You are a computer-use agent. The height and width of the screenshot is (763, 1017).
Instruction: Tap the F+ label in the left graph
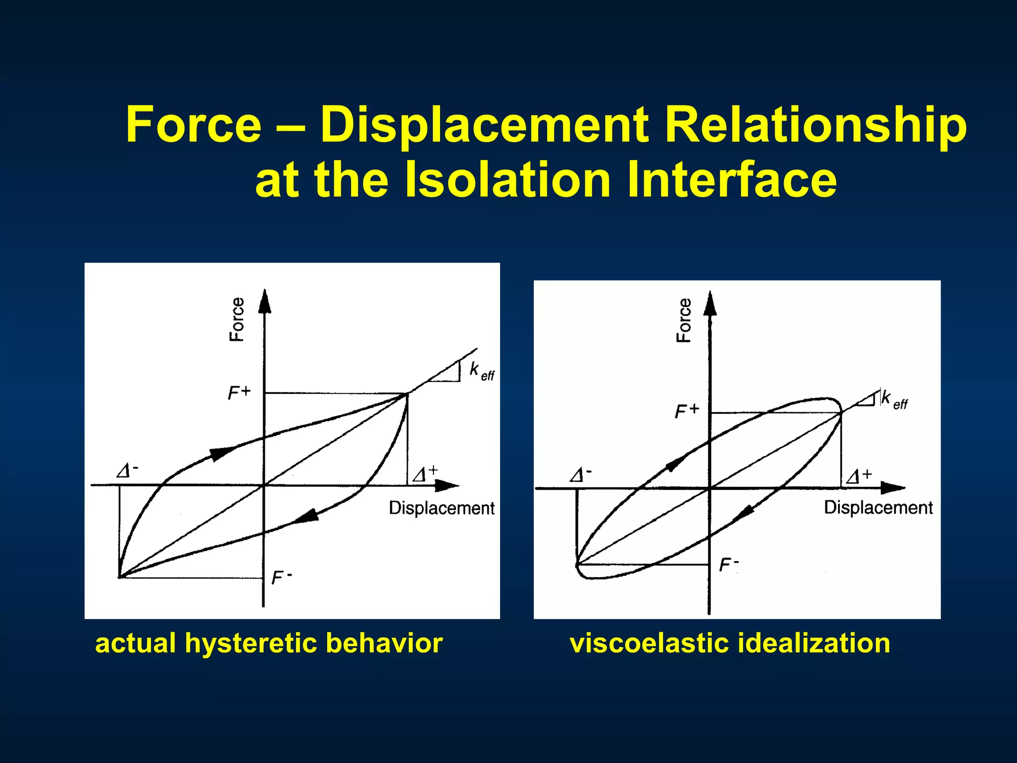tap(239, 393)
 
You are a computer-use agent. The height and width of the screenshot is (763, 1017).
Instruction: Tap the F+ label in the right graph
tap(687, 411)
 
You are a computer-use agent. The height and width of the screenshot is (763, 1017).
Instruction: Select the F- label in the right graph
tap(729, 565)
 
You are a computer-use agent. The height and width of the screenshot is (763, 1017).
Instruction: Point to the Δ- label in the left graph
tap(127, 470)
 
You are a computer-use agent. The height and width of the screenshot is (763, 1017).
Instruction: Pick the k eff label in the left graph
tap(481, 371)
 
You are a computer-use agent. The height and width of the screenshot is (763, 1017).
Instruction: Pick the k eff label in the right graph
tap(893, 400)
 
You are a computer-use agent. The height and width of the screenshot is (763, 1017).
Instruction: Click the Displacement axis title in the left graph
tap(441, 508)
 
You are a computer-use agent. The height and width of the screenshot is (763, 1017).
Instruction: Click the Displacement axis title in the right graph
tap(878, 508)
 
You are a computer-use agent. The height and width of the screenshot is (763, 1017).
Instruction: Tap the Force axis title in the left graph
tap(237, 319)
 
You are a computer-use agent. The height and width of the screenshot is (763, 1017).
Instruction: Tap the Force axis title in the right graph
tap(684, 320)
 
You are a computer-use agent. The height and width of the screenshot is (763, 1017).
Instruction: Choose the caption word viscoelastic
tap(650, 643)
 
